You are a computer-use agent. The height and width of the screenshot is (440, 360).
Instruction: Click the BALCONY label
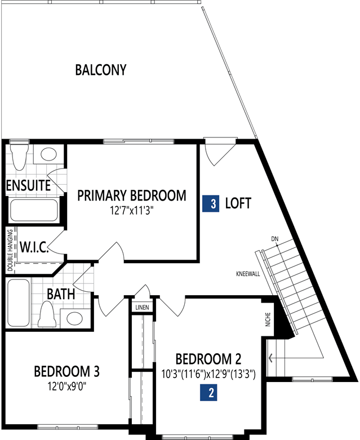tap(101, 70)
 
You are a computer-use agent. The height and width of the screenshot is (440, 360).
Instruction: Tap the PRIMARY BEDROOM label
tap(132, 195)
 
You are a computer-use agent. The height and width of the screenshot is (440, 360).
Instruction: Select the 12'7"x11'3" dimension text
tap(132, 211)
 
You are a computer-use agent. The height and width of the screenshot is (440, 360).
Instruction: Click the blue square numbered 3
tap(211, 203)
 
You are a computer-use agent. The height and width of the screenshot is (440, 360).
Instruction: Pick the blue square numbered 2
tap(209, 392)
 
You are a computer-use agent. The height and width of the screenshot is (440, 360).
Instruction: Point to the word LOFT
tap(238, 203)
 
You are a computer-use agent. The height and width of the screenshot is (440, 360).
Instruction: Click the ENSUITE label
tap(28, 185)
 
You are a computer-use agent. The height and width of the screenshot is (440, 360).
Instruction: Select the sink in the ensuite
tap(49, 154)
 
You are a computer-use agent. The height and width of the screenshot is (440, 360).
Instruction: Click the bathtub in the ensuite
tap(34, 210)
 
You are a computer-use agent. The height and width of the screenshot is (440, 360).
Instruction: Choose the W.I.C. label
tap(34, 248)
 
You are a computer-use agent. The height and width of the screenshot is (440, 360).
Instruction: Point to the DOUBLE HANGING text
tap(10, 250)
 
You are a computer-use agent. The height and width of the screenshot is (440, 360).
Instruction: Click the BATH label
tap(61, 294)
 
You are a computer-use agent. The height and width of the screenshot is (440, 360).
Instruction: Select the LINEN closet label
tap(143, 308)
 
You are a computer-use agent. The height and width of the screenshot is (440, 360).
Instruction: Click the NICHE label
tap(268, 319)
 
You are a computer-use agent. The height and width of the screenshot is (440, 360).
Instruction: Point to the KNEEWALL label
tap(248, 274)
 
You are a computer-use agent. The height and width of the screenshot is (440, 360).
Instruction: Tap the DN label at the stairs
tap(275, 239)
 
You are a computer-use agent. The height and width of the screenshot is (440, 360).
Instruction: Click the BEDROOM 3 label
tap(67, 371)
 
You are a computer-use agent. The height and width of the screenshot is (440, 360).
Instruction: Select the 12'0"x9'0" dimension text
tap(67, 386)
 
